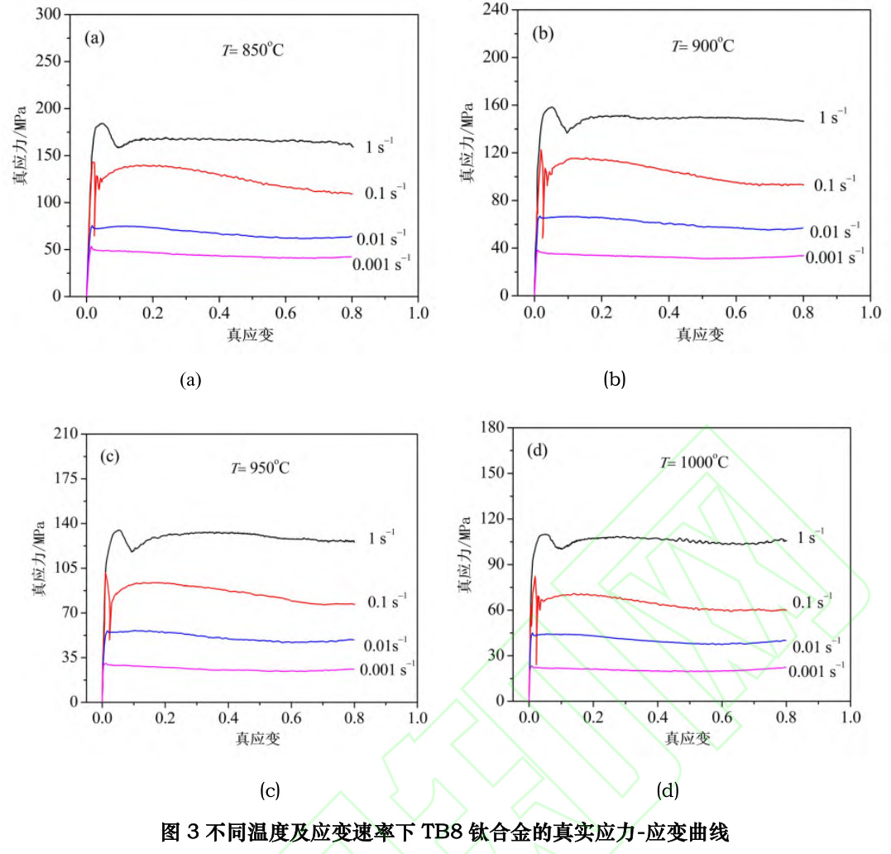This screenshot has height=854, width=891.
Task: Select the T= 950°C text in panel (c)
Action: (259, 468)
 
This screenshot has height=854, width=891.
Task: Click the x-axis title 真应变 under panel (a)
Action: (251, 334)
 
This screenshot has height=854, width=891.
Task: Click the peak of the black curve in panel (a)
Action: (101, 124)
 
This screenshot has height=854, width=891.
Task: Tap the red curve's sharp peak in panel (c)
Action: (105, 573)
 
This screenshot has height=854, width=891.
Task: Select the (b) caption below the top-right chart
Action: (615, 380)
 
